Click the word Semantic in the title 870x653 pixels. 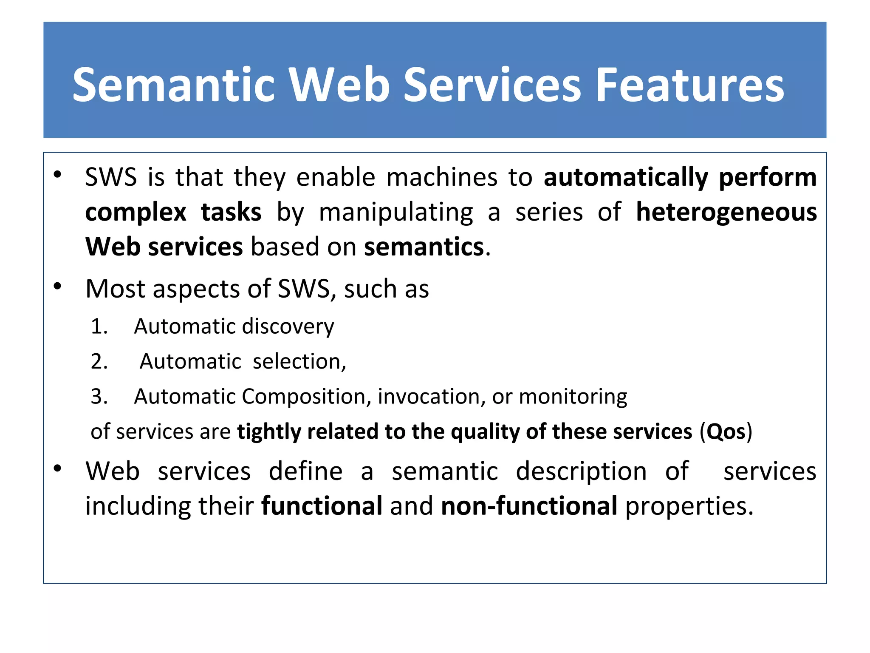(x=174, y=85)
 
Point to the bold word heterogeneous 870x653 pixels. (x=726, y=212)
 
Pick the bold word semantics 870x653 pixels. (x=424, y=247)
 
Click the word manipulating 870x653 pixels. (x=396, y=212)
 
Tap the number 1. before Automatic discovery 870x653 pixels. (x=99, y=326)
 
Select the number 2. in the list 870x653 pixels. (x=99, y=362)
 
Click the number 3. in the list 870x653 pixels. (x=99, y=397)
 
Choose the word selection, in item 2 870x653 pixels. (x=299, y=362)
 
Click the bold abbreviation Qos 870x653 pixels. (x=726, y=432)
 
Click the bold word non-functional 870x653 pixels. (x=529, y=506)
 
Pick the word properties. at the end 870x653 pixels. (x=689, y=507)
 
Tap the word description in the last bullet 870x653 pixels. (x=581, y=472)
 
